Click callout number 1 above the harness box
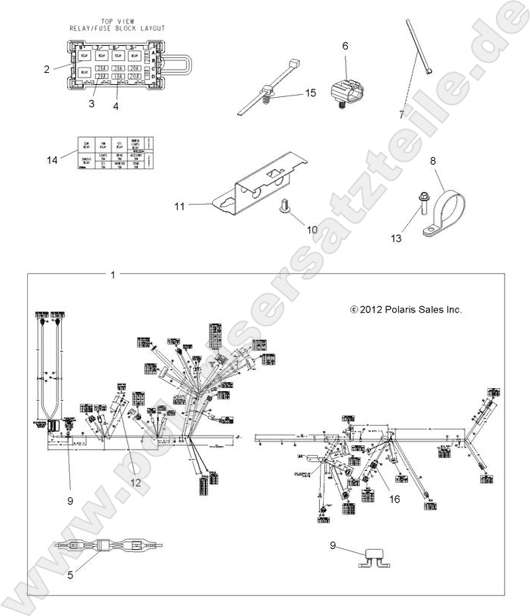tap(113, 275)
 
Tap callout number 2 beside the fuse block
tap(47, 69)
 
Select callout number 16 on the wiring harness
tap(394, 498)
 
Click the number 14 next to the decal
tap(52, 159)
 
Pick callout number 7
tap(401, 115)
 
